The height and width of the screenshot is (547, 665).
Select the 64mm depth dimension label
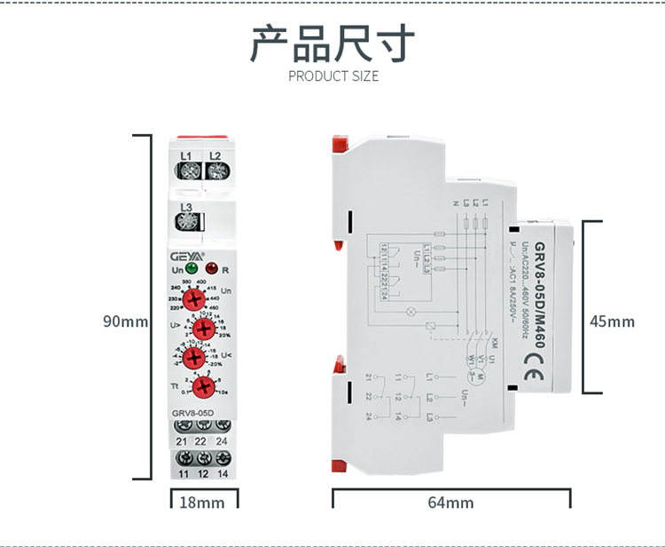pyautogui.click(x=450, y=503)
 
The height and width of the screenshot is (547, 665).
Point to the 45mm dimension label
pyautogui.click(x=613, y=321)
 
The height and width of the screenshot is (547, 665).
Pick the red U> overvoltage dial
pyautogui.click(x=202, y=329)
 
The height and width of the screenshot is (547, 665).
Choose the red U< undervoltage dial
pyautogui.click(x=202, y=357)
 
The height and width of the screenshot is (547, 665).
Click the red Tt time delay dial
pyautogui.click(x=202, y=386)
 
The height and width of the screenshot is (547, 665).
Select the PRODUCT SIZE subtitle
pyautogui.click(x=333, y=76)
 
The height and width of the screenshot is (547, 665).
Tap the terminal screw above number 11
pyautogui.click(x=184, y=459)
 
